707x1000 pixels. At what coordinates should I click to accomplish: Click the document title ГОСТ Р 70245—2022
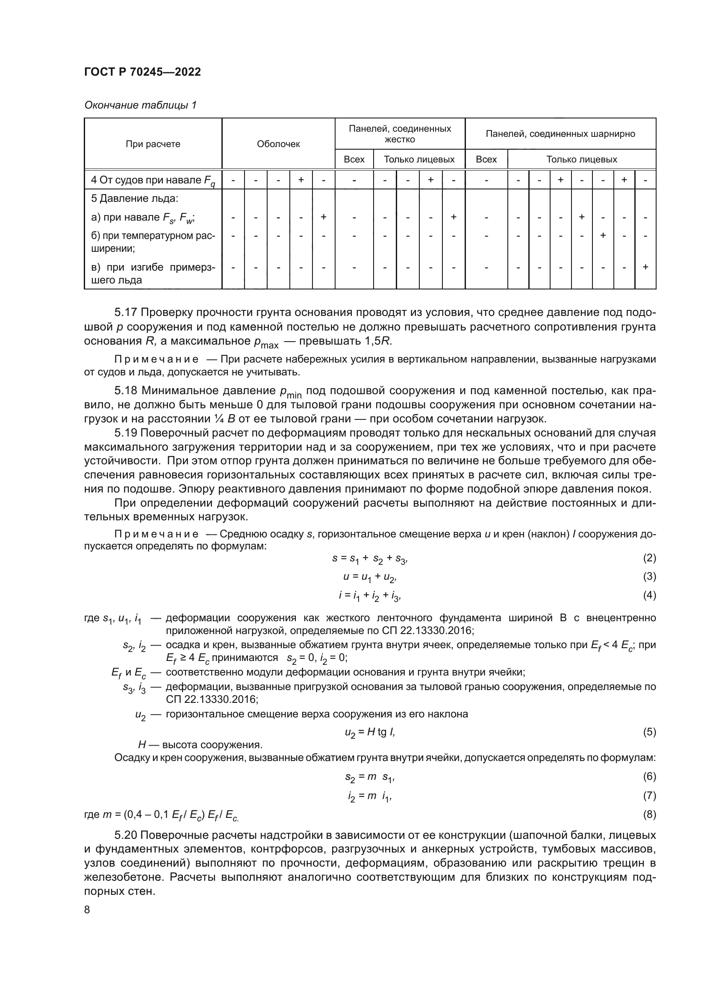(142, 72)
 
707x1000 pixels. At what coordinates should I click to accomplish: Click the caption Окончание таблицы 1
(140, 106)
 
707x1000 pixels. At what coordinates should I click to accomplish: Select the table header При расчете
(153, 144)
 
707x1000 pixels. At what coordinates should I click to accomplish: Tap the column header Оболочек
(278, 144)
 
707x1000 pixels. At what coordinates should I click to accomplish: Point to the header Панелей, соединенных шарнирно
(560, 134)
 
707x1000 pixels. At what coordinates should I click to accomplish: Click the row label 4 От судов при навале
(153, 180)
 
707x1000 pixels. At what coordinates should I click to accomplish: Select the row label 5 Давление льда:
(135, 199)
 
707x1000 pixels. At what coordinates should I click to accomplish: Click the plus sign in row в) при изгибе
(645, 267)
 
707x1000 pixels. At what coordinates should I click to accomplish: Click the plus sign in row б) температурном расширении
(603, 236)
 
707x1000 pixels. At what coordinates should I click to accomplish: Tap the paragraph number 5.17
(126, 312)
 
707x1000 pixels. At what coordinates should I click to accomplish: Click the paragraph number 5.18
(126, 390)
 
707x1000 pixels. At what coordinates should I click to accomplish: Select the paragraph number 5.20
(126, 835)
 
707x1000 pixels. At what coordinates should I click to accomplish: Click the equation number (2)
(649, 558)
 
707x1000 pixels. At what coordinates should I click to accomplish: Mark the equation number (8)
(649, 814)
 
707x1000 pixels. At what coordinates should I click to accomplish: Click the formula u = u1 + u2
(370, 578)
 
